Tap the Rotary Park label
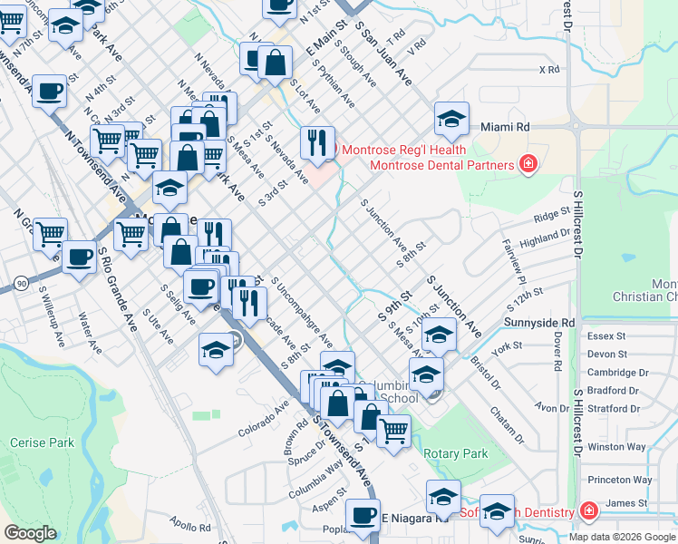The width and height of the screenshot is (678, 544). pos(455,453)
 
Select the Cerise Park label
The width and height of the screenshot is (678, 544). pos(42,442)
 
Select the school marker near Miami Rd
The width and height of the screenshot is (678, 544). pos(450,119)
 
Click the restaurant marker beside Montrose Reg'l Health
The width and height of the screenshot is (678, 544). pos(316,141)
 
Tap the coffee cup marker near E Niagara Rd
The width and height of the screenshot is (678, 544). pos(363,515)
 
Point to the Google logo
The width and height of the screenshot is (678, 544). pos(30,533)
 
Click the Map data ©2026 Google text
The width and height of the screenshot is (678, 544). pos(622,537)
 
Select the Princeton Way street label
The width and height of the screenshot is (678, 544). pos(619,480)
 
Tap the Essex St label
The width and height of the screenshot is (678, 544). pos(606,335)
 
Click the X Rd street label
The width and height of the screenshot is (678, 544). pos(548,69)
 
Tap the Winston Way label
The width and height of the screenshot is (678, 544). pos(616,447)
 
